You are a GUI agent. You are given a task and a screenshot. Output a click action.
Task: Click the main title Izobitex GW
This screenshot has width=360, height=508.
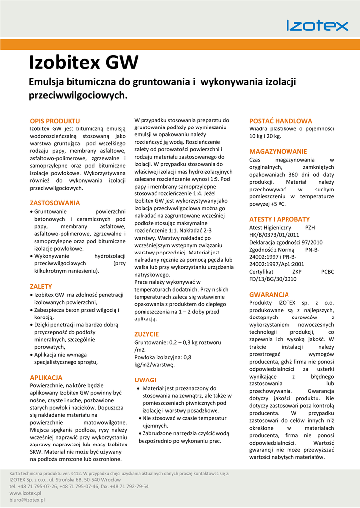[83, 63]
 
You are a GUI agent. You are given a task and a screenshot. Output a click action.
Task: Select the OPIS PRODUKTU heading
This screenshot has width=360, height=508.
[55, 121]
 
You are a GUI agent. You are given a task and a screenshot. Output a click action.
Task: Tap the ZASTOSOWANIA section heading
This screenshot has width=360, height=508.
[55, 203]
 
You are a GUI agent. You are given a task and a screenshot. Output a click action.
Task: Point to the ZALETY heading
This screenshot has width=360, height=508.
[41, 286]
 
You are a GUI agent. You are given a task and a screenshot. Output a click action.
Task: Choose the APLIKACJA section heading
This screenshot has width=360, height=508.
[46, 377]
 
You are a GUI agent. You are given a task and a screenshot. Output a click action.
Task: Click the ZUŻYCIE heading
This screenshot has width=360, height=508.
[146, 334]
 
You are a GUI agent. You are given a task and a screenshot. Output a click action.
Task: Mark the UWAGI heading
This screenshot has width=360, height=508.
[145, 380]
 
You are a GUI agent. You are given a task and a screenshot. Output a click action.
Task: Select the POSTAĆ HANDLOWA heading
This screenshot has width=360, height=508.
[281, 121]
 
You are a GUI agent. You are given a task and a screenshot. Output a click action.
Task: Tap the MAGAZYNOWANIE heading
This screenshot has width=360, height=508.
[278, 151]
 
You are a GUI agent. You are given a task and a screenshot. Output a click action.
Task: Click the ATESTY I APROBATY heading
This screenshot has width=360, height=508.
[280, 219]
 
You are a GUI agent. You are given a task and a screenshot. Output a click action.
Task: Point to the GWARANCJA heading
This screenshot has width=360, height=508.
[269, 294]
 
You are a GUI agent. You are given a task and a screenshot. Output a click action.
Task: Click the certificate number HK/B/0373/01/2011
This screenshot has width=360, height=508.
[274, 235]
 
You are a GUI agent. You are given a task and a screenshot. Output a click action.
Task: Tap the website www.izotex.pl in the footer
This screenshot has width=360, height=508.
[25, 493]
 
